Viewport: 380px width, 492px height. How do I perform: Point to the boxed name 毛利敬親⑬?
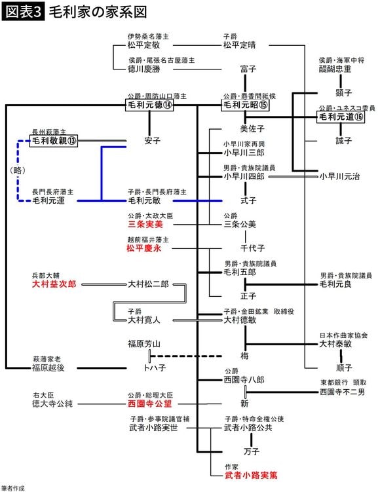[54, 140]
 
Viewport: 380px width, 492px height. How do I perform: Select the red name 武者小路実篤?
[250, 476]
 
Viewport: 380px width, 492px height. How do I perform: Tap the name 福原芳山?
[144, 343]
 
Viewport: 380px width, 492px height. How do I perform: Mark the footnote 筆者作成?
[14, 487]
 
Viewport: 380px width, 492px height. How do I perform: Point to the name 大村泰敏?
[335, 343]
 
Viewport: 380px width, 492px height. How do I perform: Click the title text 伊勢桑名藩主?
[150, 36]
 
